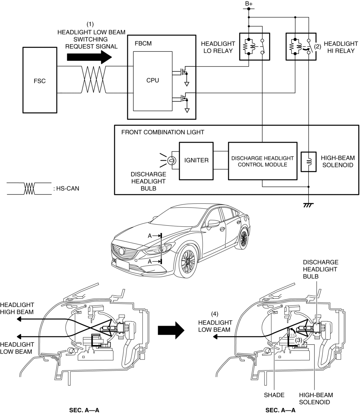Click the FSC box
click(x=39, y=80)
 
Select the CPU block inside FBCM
click(x=153, y=80)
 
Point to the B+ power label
click(x=249, y=3)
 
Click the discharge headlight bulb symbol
click(x=171, y=160)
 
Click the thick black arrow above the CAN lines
click(x=89, y=56)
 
